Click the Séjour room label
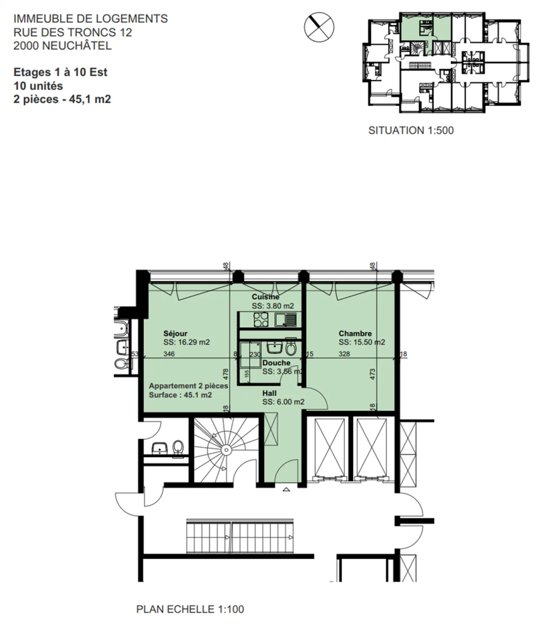tap(175, 333)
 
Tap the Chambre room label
tap(355, 333)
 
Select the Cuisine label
tap(265, 297)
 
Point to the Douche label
tap(276, 363)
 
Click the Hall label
tap(269, 393)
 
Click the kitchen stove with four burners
tap(261, 320)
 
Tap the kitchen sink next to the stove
tap(286, 320)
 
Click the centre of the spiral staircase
tap(225, 450)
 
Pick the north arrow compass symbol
tap(319, 27)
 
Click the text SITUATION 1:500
tap(411, 130)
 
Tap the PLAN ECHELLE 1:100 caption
tap(190, 609)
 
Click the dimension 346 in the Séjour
tap(169, 354)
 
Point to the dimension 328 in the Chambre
tap(344, 354)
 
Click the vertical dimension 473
tap(372, 374)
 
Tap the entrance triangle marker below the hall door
tap(286, 489)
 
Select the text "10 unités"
tap(38, 86)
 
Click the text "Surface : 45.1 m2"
tap(180, 395)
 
